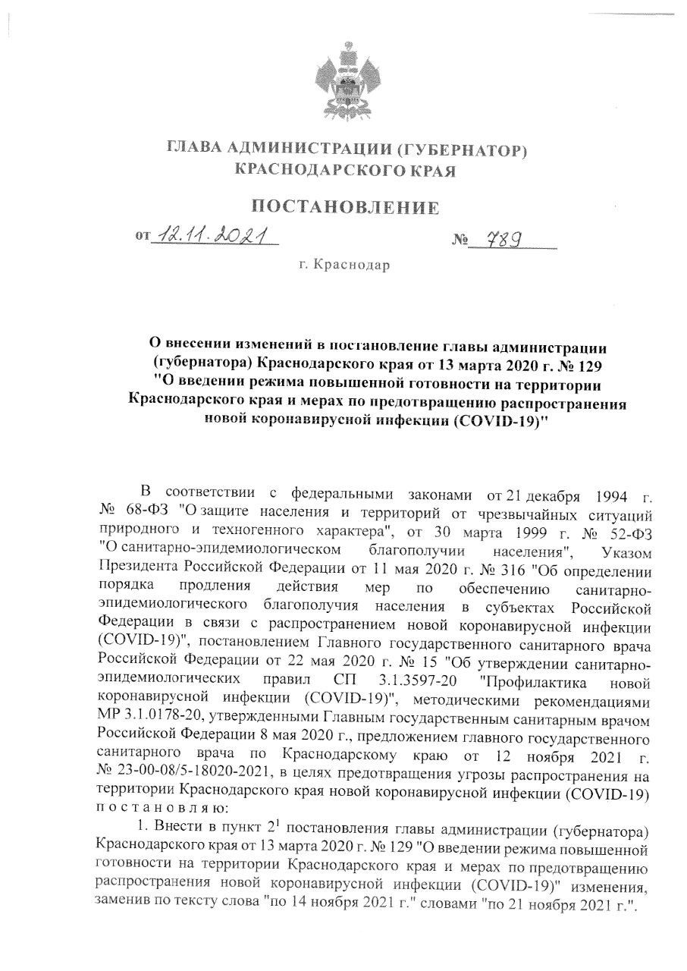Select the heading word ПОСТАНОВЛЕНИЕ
tap(344, 207)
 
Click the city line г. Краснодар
tap(343, 266)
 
